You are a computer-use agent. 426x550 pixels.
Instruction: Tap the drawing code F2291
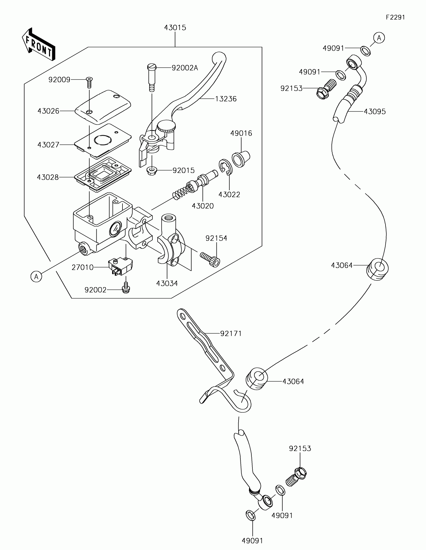(396, 17)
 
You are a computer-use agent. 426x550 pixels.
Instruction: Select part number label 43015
(175, 28)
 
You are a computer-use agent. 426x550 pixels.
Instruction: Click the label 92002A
(185, 68)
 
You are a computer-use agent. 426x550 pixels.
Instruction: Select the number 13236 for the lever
(226, 99)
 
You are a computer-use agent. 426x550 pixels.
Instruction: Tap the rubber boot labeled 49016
(241, 159)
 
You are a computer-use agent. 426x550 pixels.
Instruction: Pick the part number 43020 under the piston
(203, 206)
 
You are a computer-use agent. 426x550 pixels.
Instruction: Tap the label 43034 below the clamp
(167, 283)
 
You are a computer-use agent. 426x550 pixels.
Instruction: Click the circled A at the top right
(379, 38)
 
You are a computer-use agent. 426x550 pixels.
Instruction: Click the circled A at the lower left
(36, 277)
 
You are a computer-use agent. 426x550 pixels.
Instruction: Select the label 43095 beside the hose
(375, 111)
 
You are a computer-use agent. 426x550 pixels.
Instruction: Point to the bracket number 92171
(231, 333)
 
